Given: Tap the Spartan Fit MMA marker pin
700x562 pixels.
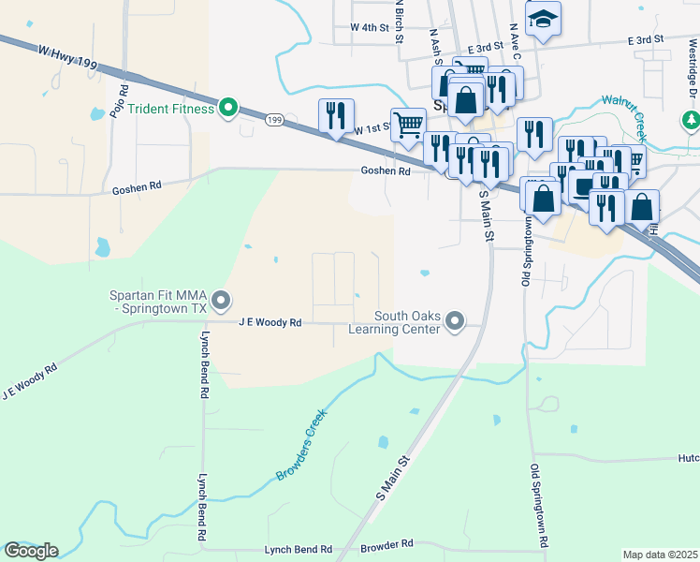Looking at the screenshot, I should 221,301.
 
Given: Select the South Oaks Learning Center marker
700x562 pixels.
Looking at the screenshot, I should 455,321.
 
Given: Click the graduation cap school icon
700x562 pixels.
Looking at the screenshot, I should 543,20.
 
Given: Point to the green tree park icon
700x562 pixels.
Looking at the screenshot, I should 691,120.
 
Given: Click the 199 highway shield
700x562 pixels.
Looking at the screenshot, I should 274,120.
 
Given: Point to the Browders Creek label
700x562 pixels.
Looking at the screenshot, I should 301,445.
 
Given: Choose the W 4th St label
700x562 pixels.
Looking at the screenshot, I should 369,28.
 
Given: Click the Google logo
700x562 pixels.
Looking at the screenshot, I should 30,550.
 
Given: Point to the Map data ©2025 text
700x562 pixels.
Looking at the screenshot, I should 660,555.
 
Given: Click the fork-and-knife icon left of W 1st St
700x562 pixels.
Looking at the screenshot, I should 335,115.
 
